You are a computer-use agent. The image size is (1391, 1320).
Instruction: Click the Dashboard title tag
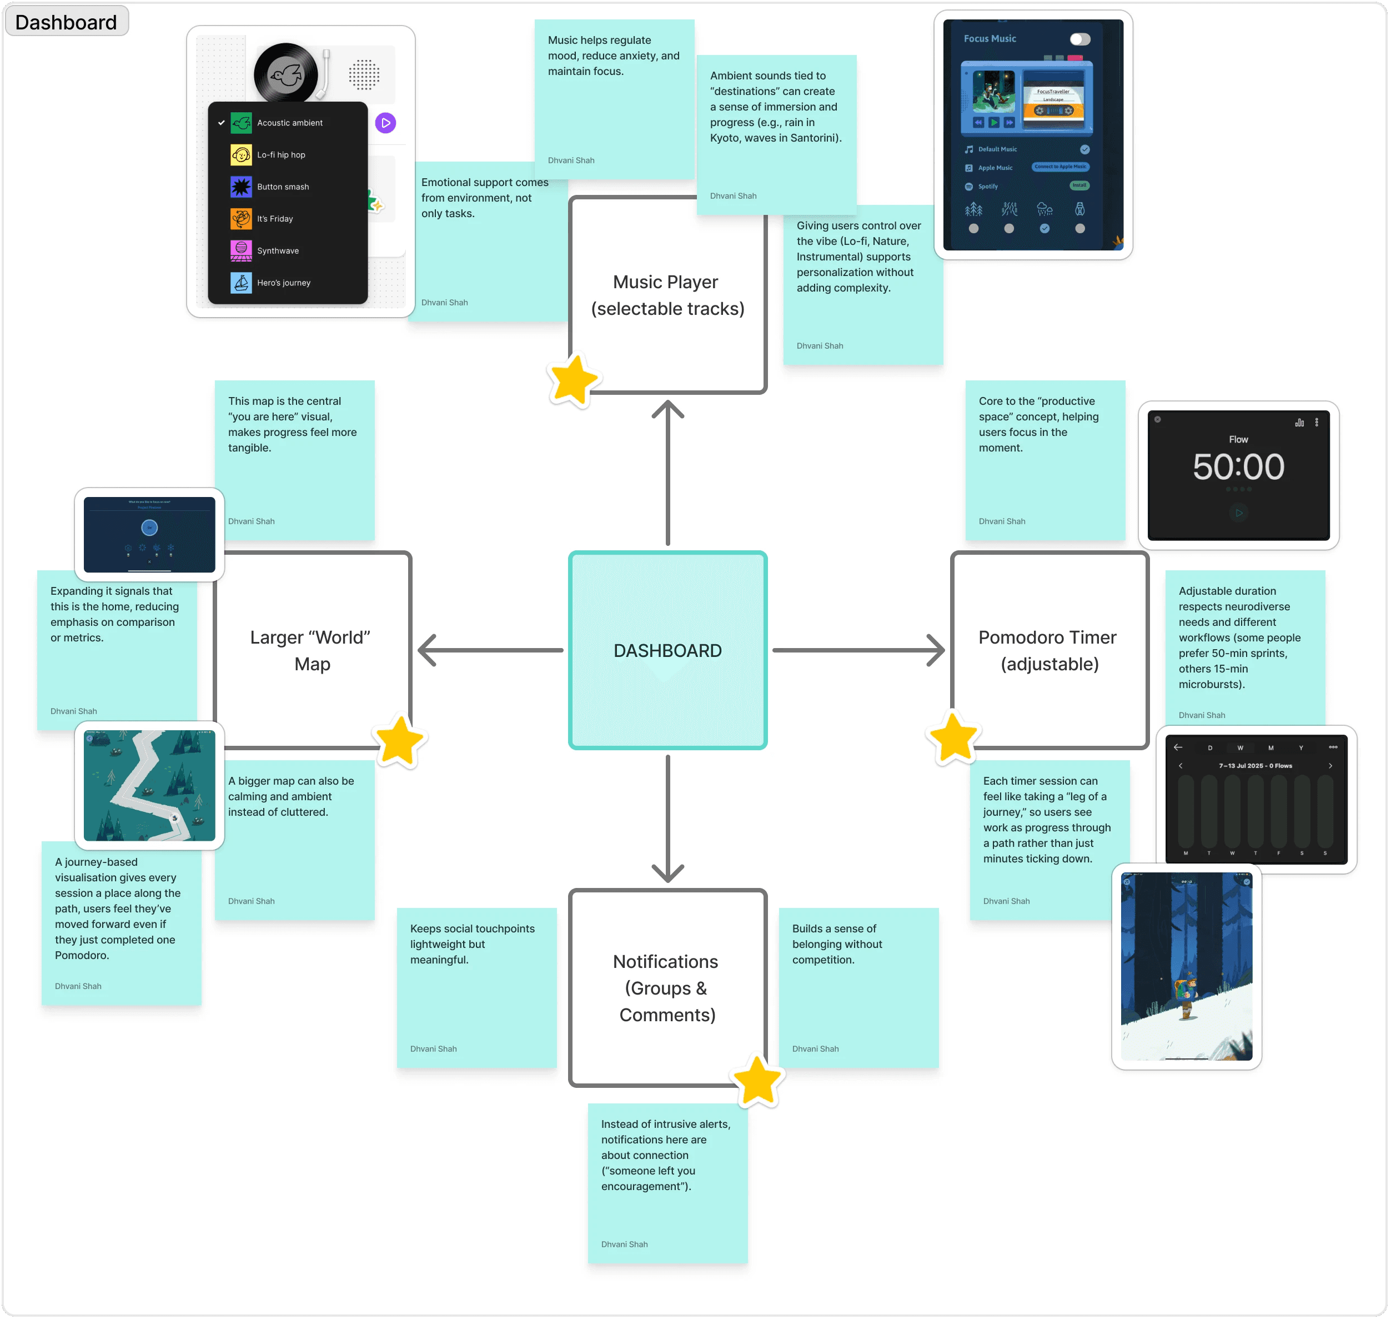click(66, 22)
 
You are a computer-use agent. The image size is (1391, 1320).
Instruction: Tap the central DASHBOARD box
click(667, 650)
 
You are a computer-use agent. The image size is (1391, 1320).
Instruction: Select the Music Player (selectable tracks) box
click(667, 295)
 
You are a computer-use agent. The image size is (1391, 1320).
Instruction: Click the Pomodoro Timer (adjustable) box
click(1048, 650)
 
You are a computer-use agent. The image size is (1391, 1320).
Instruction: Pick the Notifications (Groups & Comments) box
click(667, 987)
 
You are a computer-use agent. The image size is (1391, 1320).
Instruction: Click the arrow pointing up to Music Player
click(667, 471)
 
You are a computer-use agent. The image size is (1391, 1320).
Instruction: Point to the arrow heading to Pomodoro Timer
click(858, 650)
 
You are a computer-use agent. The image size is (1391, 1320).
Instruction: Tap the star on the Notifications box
click(757, 1081)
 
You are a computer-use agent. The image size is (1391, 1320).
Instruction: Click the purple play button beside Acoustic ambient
click(385, 123)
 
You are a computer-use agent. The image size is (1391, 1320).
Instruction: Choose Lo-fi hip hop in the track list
click(281, 155)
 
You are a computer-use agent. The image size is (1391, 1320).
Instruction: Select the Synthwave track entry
click(277, 250)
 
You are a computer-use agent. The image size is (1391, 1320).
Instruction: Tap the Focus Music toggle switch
click(1079, 39)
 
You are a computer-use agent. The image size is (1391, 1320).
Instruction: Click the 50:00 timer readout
click(1238, 466)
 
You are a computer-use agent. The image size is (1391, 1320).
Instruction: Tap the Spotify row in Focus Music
click(988, 187)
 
